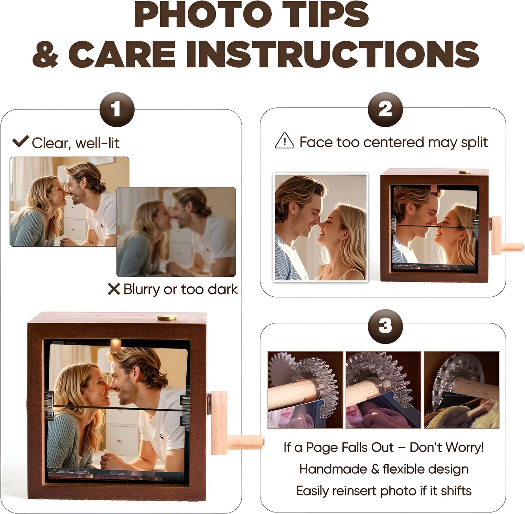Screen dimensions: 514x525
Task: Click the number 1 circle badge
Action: tap(117, 110)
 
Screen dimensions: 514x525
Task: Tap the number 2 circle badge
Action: tap(385, 110)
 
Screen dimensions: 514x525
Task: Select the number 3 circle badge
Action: tap(385, 326)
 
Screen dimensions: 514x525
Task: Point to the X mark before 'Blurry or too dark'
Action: tap(114, 289)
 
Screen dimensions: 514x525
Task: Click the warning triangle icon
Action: tap(284, 141)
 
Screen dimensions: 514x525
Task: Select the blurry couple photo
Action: tap(176, 231)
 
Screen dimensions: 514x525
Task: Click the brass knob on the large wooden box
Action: tap(167, 318)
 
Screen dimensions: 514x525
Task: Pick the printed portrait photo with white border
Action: tap(320, 227)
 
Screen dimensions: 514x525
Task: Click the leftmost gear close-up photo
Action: tap(305, 390)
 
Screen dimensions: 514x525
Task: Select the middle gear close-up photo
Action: tap(383, 390)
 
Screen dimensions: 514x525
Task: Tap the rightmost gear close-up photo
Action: tap(461, 390)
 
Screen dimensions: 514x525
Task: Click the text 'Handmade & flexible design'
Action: tap(384, 469)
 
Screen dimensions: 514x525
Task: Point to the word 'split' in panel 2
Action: tap(474, 142)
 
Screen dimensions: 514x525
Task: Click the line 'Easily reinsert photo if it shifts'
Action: tap(384, 491)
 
